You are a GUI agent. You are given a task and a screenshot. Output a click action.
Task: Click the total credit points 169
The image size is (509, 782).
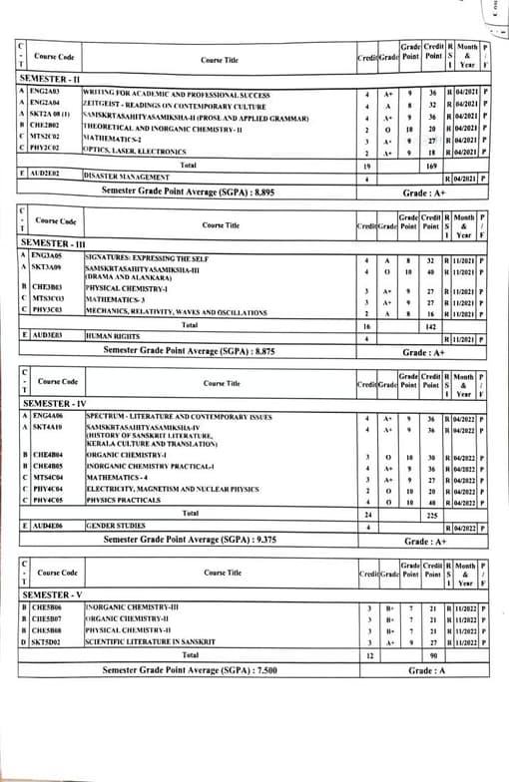point(432,163)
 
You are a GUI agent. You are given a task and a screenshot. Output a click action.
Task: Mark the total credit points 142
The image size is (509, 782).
point(432,325)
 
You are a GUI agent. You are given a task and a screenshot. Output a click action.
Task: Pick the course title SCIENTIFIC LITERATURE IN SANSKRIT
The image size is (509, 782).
point(154,643)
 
